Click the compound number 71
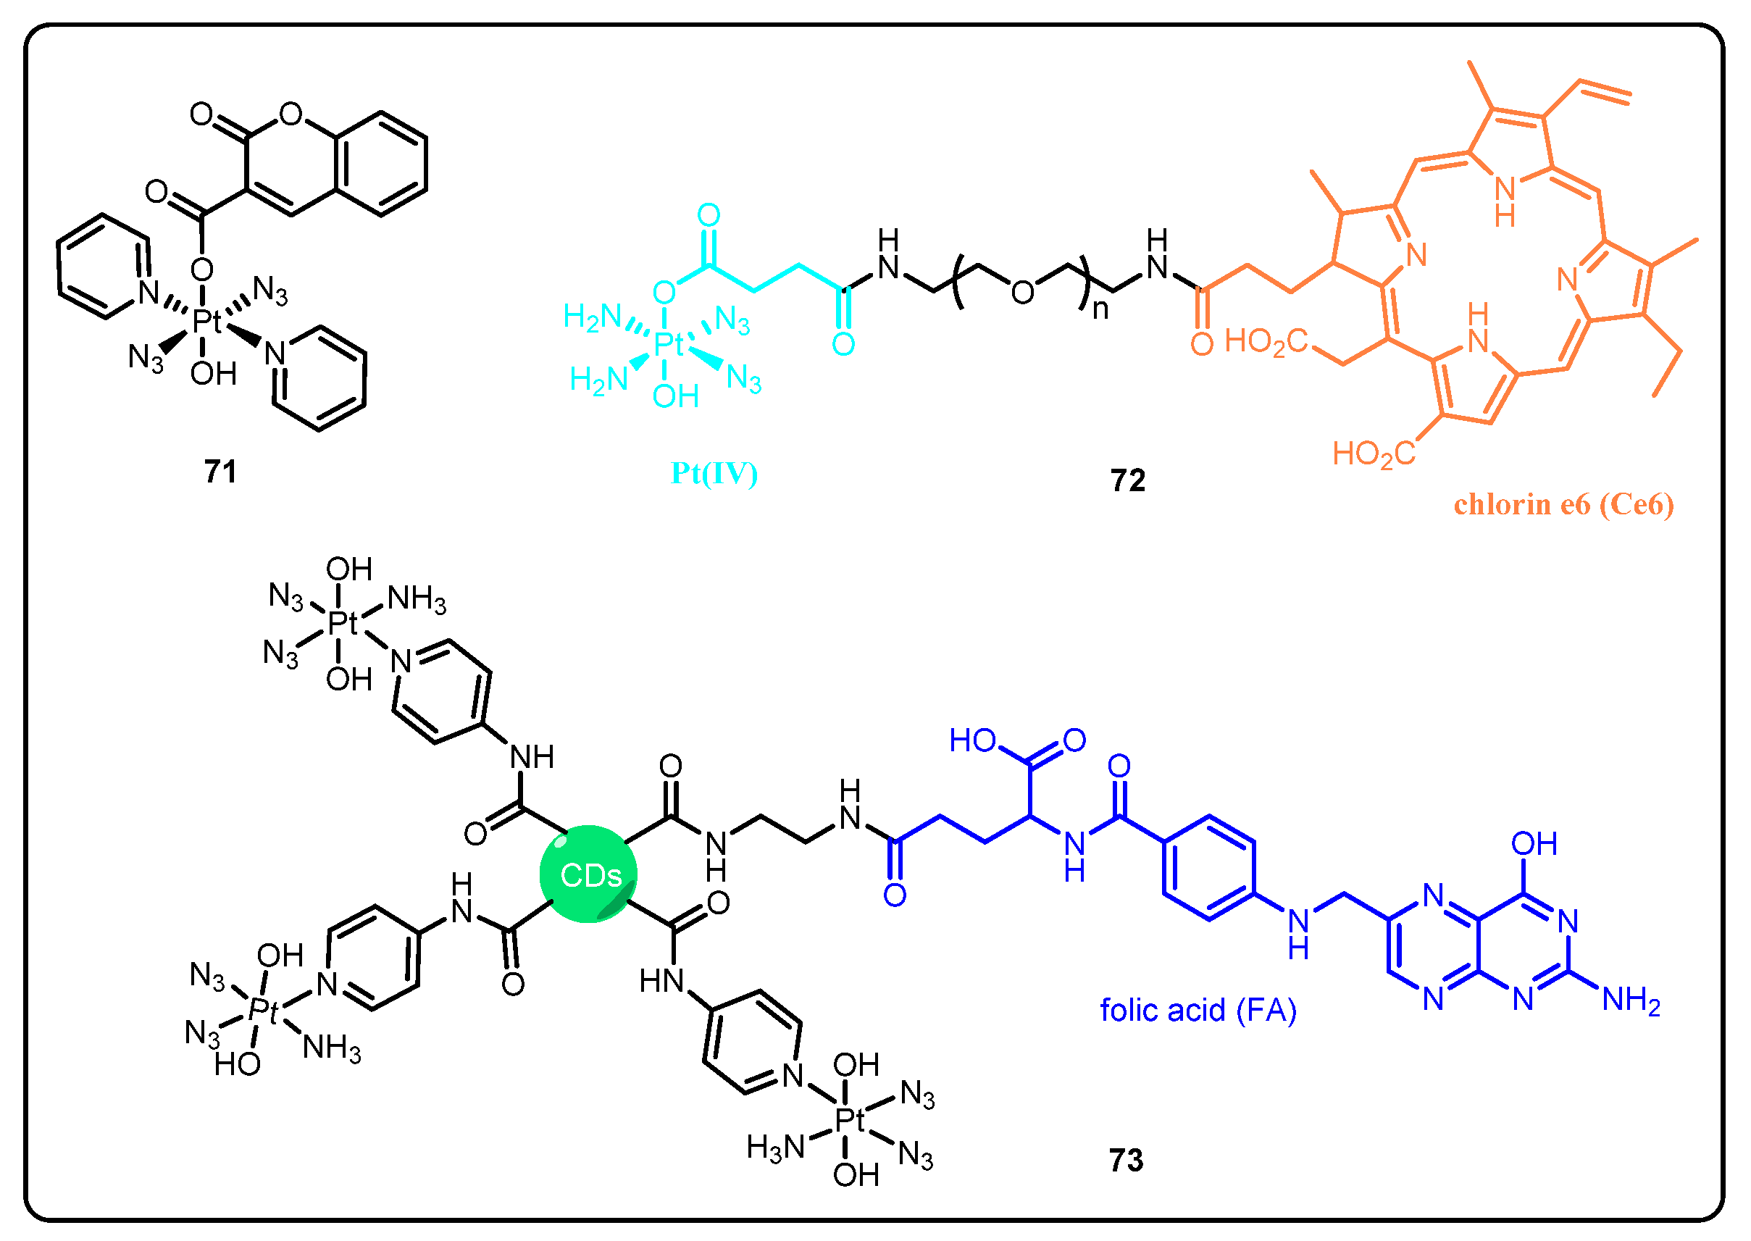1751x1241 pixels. coord(220,472)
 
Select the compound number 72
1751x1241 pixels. coord(1127,480)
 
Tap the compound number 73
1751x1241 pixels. coord(1126,1160)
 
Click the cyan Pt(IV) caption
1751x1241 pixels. coord(714,474)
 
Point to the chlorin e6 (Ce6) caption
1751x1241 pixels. coord(1563,504)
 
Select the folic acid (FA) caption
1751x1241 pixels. coord(1198,1010)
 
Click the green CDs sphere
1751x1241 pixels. coord(588,874)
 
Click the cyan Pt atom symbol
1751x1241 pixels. coord(668,345)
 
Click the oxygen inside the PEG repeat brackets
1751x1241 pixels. coord(1022,292)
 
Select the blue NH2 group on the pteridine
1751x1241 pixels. coord(1631,1000)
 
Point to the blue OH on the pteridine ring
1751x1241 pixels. coord(1534,845)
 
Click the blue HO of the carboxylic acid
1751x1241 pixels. coord(972,740)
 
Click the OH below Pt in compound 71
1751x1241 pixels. coord(213,374)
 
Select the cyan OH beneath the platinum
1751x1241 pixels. coord(675,396)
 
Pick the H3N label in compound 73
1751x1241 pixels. coord(775,1147)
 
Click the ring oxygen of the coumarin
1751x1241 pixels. coord(291,114)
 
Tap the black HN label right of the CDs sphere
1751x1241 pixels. coord(661,980)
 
